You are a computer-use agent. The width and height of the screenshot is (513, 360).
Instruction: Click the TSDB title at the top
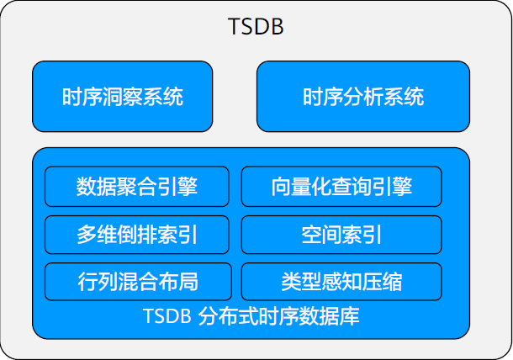pos(256,27)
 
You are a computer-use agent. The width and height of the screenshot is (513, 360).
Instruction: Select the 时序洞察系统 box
pos(123,97)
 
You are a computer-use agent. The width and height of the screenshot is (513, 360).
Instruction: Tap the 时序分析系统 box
pos(363,97)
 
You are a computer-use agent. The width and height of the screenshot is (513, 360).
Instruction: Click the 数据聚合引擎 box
pos(136,187)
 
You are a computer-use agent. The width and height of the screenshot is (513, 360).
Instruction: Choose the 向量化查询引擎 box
pos(341,187)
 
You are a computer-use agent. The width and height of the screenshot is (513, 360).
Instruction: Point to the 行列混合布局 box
pos(136,281)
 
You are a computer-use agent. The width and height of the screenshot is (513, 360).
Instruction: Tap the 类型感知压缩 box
pos(341,281)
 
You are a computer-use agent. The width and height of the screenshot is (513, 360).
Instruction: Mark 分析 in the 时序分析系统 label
pos(363,97)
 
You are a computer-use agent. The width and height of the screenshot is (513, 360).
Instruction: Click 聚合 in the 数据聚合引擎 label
pos(136,187)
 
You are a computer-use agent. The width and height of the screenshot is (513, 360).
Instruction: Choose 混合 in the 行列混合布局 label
pos(136,281)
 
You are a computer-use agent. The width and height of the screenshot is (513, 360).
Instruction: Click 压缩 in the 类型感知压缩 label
pos(382,281)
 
